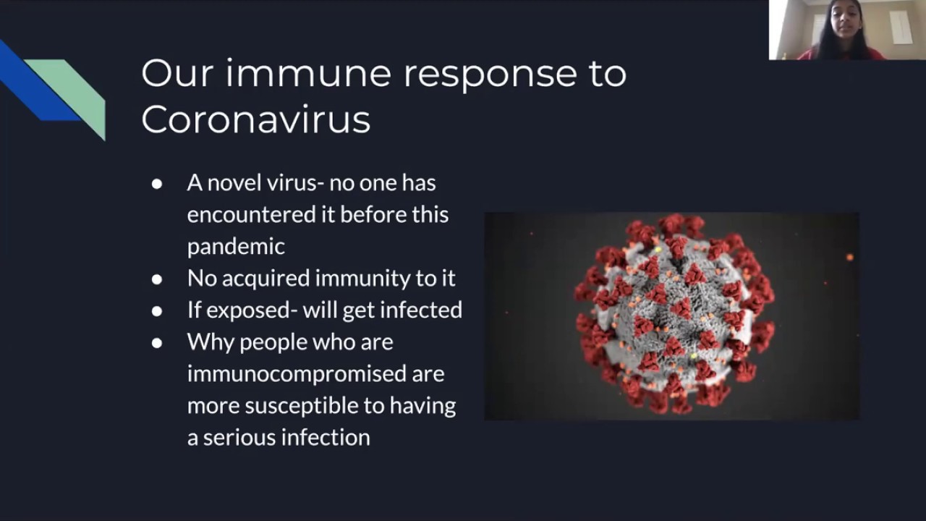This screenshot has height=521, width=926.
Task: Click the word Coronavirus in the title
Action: point(256,119)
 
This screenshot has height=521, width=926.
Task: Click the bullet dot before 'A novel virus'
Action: point(157,184)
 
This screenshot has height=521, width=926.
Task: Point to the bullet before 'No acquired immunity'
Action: point(157,279)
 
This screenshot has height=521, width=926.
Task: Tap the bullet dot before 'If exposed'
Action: point(157,311)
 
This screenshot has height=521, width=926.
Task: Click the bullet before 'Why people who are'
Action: point(157,343)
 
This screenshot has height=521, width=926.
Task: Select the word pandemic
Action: point(236,247)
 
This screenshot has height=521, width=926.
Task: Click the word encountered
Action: point(252,215)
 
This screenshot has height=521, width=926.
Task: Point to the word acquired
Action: point(266,279)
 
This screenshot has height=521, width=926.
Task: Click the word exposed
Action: point(248,310)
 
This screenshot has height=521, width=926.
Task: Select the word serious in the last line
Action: point(239,438)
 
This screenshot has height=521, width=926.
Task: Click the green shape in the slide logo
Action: point(73,94)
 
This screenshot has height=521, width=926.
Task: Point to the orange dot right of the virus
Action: point(849,258)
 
